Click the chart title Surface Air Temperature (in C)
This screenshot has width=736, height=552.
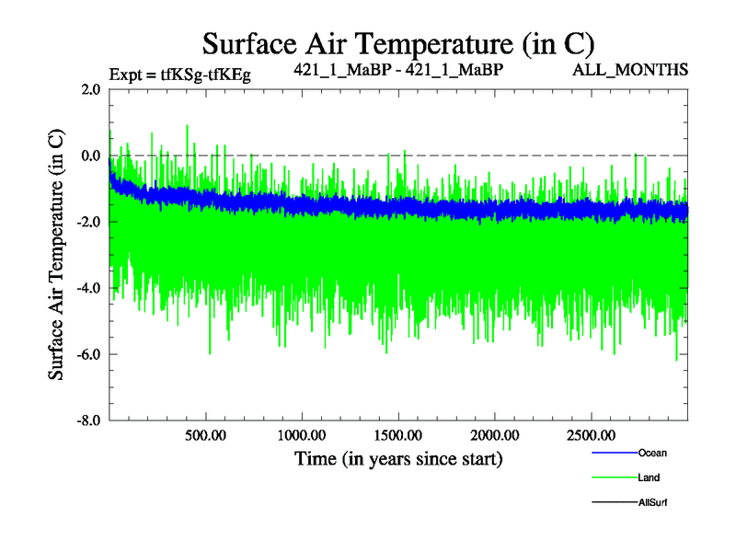coord(398,43)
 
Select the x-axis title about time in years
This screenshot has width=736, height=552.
coord(398,457)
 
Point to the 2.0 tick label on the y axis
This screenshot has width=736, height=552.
coord(91,89)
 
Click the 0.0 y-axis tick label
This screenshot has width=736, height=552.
coord(91,155)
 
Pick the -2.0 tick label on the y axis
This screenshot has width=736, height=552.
coord(89,222)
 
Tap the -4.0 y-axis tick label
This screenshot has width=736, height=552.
coord(89,288)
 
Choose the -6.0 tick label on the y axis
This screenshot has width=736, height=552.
coord(89,354)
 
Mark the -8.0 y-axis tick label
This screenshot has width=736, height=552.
coord(89,420)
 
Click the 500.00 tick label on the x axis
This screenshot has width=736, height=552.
coord(206,434)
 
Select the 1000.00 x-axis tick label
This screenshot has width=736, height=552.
coord(303,434)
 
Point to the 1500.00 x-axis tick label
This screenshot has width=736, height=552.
coord(399,434)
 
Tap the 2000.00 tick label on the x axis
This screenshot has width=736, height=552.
coord(495,434)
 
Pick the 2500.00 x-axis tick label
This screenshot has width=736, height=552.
coord(592,434)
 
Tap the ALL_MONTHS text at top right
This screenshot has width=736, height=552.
coord(644,70)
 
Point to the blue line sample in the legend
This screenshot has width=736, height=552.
coord(611,453)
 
